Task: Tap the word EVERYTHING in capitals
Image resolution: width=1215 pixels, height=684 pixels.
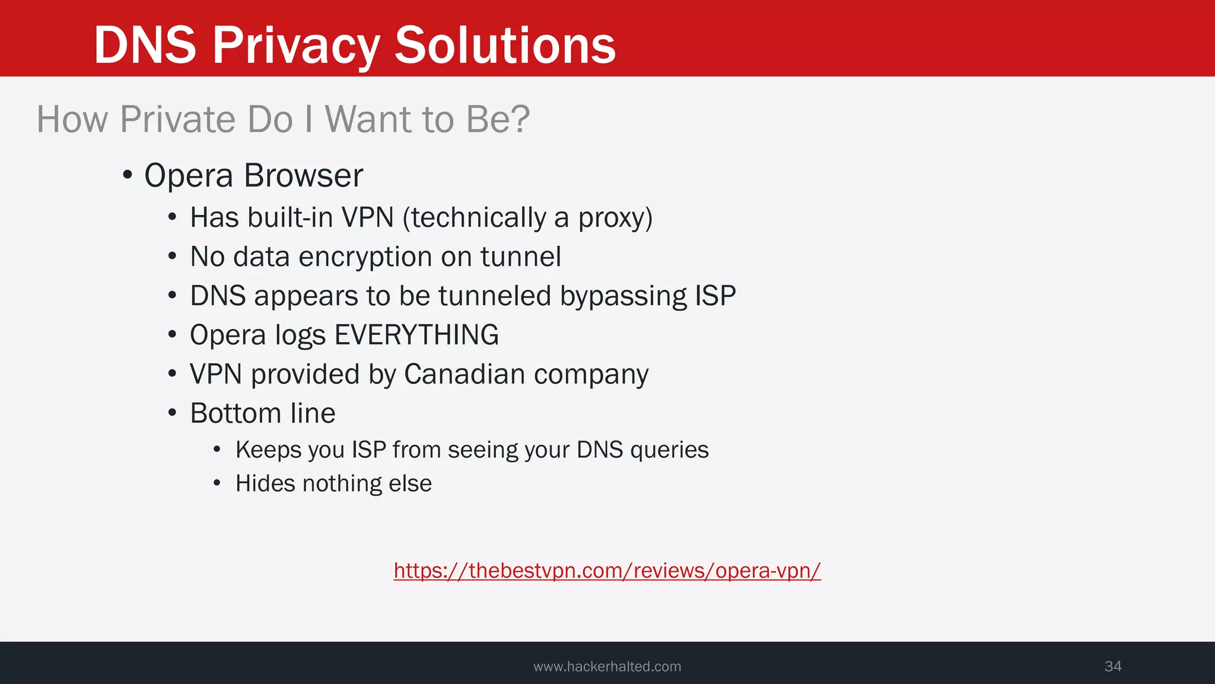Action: [x=416, y=335]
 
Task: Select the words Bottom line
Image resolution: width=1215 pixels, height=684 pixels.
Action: [x=262, y=413]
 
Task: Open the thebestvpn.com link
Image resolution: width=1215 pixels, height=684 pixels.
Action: [x=607, y=571]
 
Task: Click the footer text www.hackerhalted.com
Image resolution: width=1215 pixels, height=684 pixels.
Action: [x=607, y=666]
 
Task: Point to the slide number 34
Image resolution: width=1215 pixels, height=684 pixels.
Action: [x=1112, y=666]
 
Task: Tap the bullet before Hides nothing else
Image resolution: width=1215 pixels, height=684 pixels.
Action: [x=217, y=483]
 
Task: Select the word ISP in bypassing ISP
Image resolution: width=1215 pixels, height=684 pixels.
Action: [x=715, y=296]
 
